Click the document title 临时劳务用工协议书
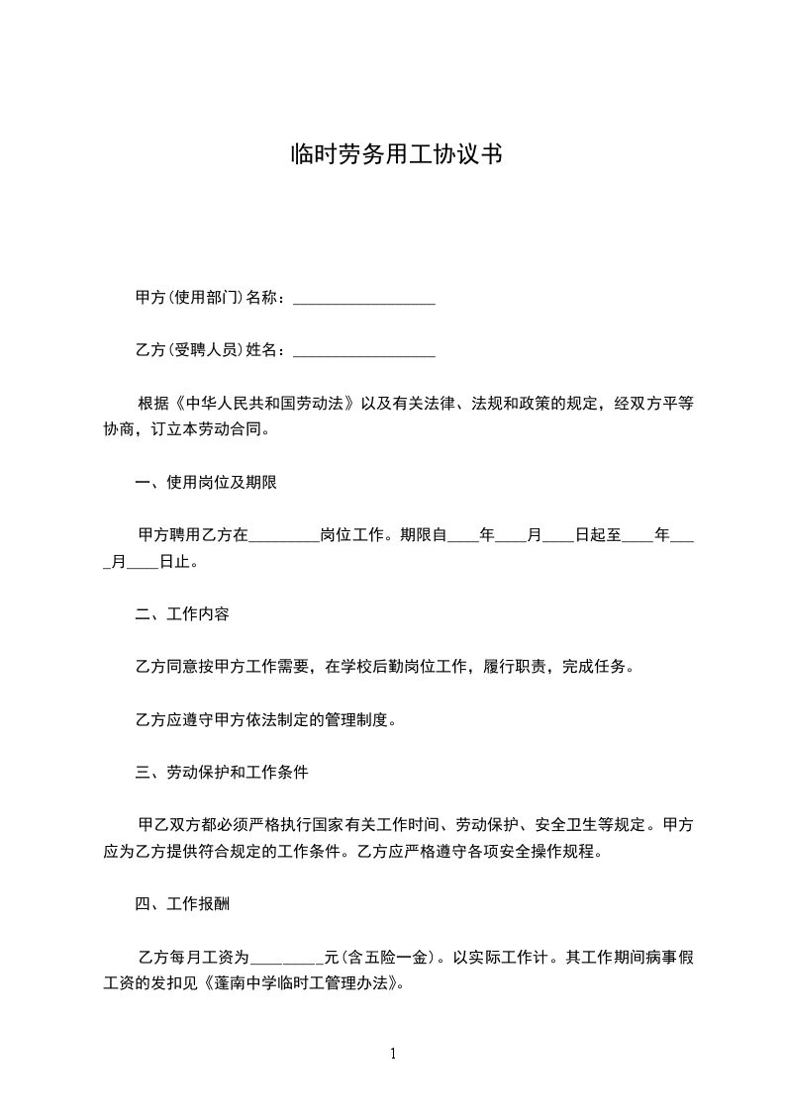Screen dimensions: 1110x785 (x=392, y=155)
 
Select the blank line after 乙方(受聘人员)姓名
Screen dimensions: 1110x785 (x=364, y=351)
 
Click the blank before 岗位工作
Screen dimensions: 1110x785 (x=283, y=536)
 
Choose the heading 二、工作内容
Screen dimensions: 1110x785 (x=182, y=614)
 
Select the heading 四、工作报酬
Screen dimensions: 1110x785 (x=182, y=903)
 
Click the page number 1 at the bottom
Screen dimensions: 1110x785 (x=392, y=1055)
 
